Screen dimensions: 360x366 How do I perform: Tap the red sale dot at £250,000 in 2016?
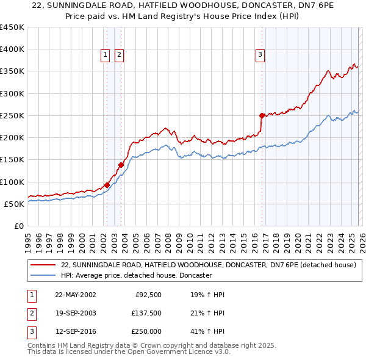262,115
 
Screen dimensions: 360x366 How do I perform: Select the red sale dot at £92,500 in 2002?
107,185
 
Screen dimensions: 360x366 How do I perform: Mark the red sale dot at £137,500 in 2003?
121,165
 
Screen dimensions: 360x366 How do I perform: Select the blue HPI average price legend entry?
136,276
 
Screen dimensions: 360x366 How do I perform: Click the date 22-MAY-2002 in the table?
75,295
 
